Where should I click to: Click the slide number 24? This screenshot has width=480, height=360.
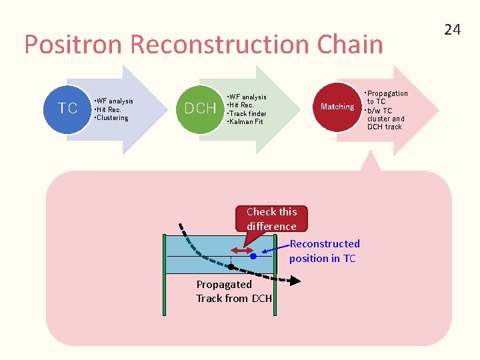click(x=453, y=29)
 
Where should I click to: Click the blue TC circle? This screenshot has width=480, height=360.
click(x=67, y=108)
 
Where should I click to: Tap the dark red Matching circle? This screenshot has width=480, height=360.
click(x=337, y=107)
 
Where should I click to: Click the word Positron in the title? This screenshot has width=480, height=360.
click(x=74, y=45)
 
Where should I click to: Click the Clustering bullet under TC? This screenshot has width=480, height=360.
click(x=112, y=118)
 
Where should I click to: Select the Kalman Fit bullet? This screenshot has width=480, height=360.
click(x=246, y=122)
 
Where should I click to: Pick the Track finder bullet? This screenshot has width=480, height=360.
click(x=247, y=113)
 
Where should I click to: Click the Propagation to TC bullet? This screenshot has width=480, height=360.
click(x=387, y=97)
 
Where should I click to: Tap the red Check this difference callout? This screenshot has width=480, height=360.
click(x=271, y=219)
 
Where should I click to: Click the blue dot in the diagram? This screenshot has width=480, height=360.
click(x=253, y=255)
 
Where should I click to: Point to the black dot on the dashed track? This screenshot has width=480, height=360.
click(x=230, y=267)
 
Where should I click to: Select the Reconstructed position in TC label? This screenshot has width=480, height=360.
click(x=324, y=251)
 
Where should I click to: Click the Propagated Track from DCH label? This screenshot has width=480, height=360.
click(x=233, y=291)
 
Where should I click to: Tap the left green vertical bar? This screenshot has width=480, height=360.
click(x=165, y=273)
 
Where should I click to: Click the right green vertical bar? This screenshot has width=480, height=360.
click(x=275, y=273)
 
